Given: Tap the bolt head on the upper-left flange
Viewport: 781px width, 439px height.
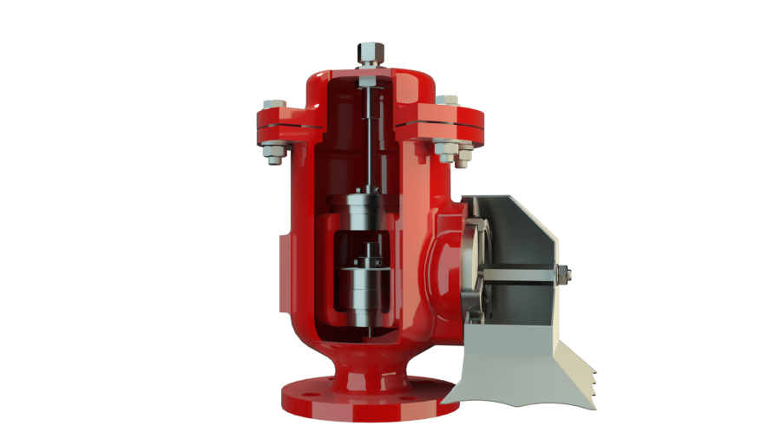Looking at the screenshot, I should [x=274, y=104].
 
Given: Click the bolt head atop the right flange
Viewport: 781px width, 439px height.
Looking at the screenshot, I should [x=448, y=101].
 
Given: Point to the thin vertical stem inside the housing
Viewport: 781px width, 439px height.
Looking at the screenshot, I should [x=368, y=139].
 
